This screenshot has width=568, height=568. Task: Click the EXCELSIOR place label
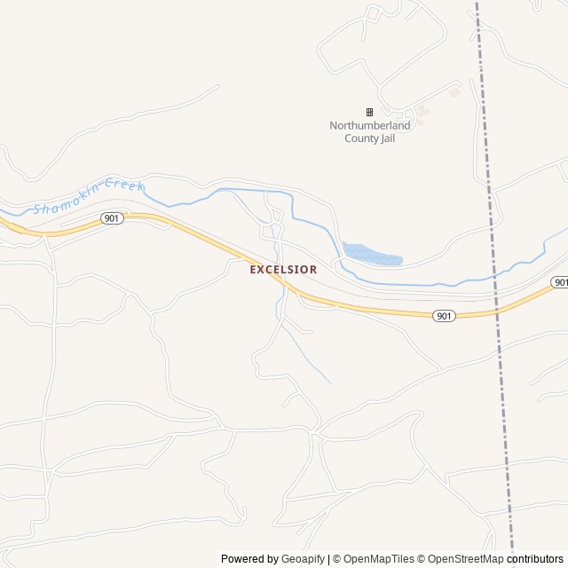283,269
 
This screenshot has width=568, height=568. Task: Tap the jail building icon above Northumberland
369,112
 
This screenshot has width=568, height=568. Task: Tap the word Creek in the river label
123,185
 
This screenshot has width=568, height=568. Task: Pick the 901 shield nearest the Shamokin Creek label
111,218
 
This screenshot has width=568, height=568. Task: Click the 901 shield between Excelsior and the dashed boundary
445,316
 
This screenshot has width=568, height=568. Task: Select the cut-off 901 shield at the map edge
560,282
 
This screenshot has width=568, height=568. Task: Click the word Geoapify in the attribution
303,559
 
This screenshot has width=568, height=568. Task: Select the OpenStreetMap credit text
462,559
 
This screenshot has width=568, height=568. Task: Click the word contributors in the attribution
535,559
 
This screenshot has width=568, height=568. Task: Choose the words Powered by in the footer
249,559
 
